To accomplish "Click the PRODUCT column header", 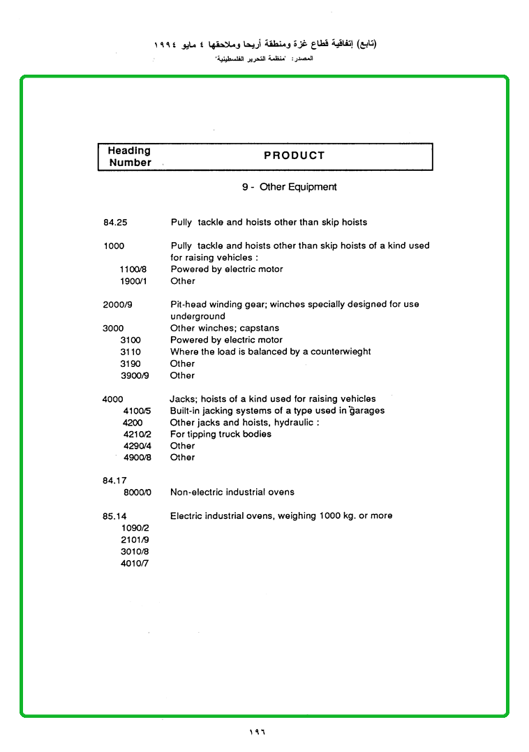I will tap(294, 156).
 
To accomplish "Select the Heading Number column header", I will tap(130, 156).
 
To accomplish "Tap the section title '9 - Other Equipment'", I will tap(289, 187).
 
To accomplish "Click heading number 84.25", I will tap(115, 223).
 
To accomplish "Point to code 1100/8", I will tap(133, 269).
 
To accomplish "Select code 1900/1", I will tap(133, 281).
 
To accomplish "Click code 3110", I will tap(131, 352).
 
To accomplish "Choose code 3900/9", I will tap(133, 375).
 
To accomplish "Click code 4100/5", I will tap(137, 411).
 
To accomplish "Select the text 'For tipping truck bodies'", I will tap(221, 434).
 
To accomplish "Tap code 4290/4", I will tap(137, 446).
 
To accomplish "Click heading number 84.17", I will tap(114, 481).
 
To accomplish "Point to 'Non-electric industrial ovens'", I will tap(232, 492).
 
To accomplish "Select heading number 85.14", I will tap(114, 516).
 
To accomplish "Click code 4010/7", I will tap(135, 563).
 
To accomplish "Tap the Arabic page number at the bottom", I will tap(258, 732).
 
